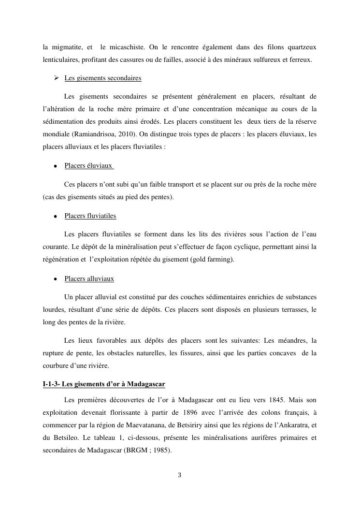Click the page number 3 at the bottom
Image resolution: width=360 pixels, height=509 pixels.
pos(179,475)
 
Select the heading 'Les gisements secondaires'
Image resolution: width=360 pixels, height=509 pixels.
pos(102,78)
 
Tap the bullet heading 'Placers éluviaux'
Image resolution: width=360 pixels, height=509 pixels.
pos(88,166)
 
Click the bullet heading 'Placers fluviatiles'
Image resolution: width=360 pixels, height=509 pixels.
pos(90,216)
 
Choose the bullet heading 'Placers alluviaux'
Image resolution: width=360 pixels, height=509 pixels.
pos(89,279)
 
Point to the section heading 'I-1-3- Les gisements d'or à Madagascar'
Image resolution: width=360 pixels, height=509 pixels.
pos(104,384)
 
